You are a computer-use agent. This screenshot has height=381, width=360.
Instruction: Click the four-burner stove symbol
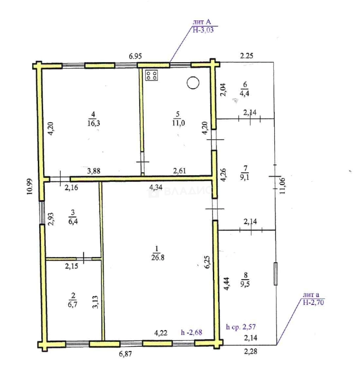pos(151,75)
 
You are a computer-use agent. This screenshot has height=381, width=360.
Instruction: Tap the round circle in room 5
pos(193,83)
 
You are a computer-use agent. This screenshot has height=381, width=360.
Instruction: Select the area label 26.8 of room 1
pos(158,257)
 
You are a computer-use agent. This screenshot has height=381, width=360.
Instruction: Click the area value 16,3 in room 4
pos(94,123)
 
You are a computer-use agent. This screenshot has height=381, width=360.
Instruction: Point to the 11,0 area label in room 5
pos(179,123)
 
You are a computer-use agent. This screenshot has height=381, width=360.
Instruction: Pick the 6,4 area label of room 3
pos(73,221)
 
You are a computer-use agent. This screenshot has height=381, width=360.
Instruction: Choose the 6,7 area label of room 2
pos(73,304)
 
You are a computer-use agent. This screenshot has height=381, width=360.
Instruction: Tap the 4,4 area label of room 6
pos(245,93)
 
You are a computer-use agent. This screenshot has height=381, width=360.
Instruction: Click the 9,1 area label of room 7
pos(245,177)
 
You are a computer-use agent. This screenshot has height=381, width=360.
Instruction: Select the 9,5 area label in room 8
pos(245,284)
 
